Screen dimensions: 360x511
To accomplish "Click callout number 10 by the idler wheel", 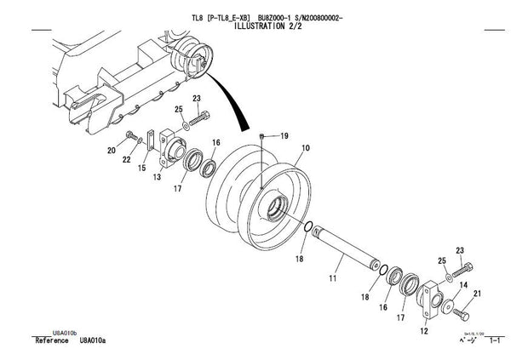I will pos(306,148).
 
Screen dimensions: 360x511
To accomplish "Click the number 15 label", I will pos(141,169).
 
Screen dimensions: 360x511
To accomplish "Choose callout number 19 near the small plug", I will pos(284,136).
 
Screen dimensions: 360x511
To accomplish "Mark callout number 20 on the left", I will pos(111,151).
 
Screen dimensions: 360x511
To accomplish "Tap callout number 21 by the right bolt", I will pos(478,294).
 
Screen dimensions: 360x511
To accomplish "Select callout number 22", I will pos(127,159).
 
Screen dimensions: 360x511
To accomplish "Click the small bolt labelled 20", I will pos(131,136).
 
